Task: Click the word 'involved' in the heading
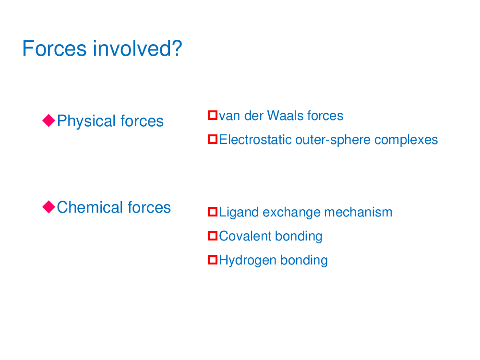131,48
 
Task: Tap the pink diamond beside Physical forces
48,120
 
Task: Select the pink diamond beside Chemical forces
48,206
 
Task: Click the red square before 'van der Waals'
213,115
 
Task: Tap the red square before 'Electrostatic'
213,139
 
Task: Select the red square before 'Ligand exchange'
213,212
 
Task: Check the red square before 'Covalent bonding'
213,235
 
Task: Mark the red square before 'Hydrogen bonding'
213,260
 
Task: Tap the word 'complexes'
406,140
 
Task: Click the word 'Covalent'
245,236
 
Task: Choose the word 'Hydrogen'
248,261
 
